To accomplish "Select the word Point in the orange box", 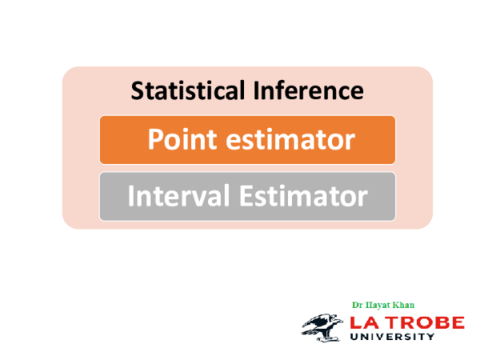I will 175,140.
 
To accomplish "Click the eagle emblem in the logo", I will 323,324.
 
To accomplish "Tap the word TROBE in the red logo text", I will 424,322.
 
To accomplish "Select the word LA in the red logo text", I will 366,322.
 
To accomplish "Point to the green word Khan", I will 405,305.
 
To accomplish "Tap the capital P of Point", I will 154,140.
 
